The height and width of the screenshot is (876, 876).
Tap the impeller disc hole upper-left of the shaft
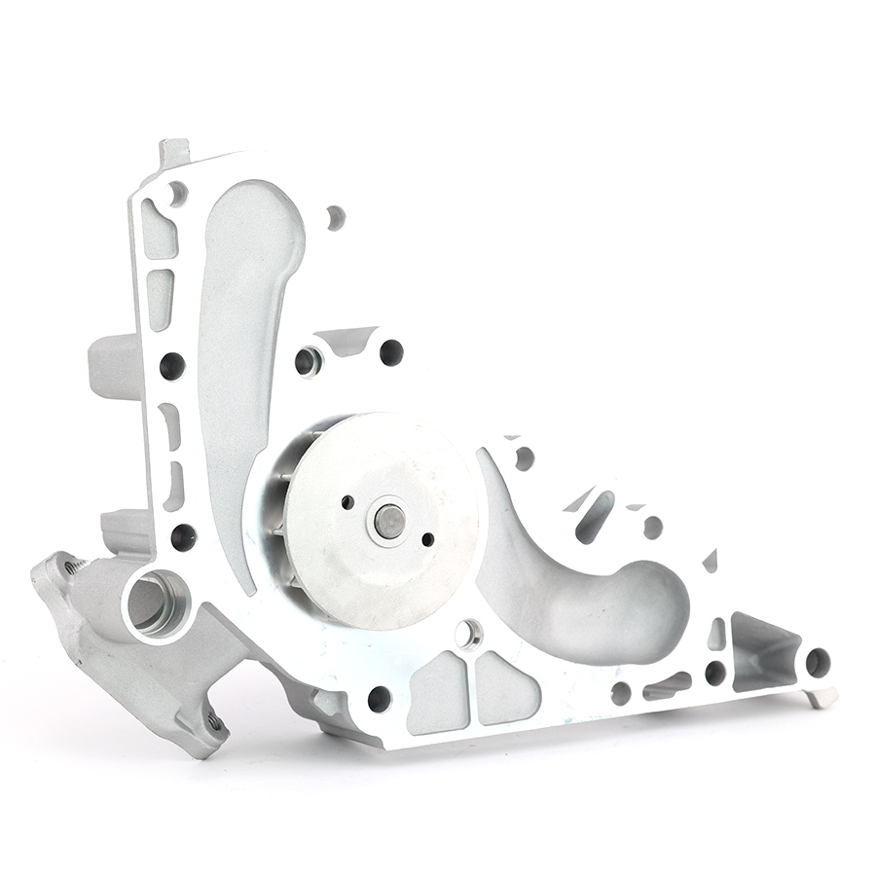(x=347, y=502)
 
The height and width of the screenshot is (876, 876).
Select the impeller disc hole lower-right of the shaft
(x=427, y=538)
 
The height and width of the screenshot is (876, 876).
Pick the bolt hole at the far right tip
(x=817, y=663)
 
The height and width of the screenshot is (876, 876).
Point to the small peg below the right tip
(x=821, y=697)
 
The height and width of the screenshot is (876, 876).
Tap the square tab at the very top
(x=174, y=153)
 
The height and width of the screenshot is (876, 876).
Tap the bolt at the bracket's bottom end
(x=213, y=722)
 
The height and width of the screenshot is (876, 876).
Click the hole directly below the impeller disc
(x=468, y=634)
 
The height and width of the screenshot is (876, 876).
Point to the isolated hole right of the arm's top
(x=335, y=217)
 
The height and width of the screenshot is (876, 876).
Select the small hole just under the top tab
(x=177, y=192)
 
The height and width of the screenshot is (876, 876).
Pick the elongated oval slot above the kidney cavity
(x=596, y=516)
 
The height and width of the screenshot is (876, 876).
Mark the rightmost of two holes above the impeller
(x=390, y=352)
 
